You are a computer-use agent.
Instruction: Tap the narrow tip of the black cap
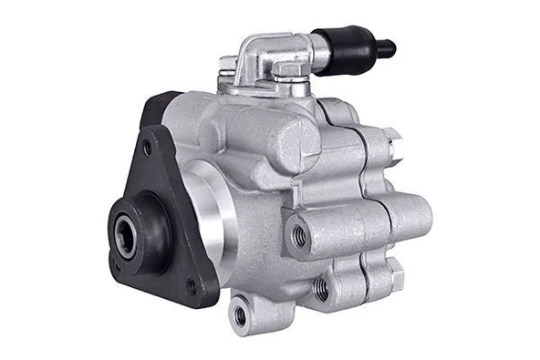pos(388,46)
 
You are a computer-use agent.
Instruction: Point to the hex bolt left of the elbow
pos(228,66)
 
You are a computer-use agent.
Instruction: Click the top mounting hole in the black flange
pos(147,147)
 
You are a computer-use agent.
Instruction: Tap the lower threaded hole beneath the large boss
pos(321,289)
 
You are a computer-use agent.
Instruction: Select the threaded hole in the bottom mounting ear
pos(240,315)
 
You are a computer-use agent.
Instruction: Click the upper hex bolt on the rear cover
pos(392,146)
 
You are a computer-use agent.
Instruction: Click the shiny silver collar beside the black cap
pos(320,53)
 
